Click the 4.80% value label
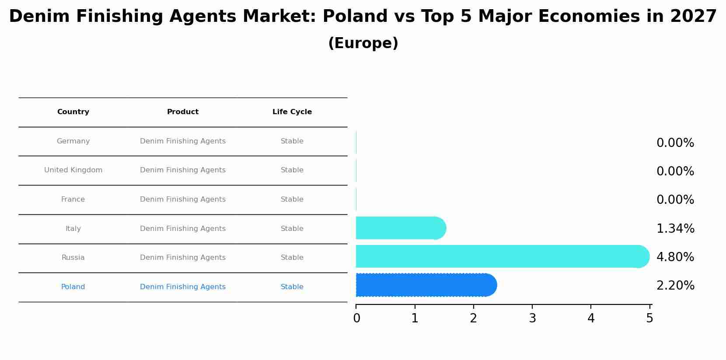[675, 257]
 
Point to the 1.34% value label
[675, 229]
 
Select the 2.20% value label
[675, 286]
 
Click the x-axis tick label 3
[532, 318]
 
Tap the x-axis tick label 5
[649, 318]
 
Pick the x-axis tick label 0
[356, 318]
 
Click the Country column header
[73, 112]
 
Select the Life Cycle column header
[292, 112]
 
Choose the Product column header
[183, 112]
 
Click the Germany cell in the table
[73, 141]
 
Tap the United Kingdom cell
[73, 170]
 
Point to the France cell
[73, 199]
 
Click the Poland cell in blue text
[73, 287]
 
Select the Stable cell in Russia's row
[292, 258]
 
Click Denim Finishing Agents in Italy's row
[183, 229]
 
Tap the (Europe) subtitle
[363, 43]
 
